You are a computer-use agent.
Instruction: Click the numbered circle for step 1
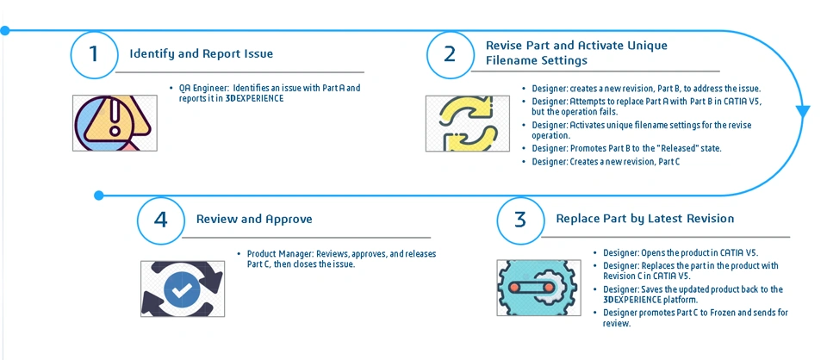(94, 53)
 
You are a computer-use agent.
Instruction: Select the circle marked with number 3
(519, 219)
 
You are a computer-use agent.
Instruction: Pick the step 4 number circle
(160, 219)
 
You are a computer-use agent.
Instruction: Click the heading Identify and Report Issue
(201, 53)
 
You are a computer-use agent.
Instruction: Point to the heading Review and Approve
(254, 219)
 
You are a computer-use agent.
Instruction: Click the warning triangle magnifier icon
(114, 122)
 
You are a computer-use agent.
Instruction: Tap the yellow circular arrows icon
(463, 124)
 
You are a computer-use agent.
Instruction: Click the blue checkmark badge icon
(181, 289)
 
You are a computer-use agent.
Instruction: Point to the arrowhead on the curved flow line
(803, 112)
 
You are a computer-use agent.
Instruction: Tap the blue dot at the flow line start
(4, 30)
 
